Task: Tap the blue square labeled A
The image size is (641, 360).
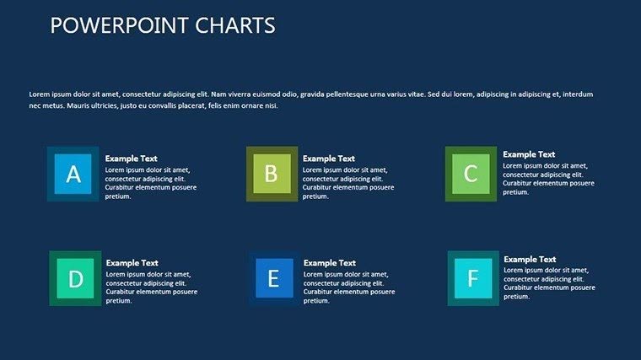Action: pyautogui.click(x=73, y=174)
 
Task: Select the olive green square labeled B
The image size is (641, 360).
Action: pyautogui.click(x=272, y=174)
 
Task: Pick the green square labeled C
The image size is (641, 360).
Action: pyautogui.click(x=471, y=174)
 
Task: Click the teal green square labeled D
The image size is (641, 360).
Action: pyautogui.click(x=75, y=278)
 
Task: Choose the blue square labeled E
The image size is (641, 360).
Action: pyautogui.click(x=273, y=278)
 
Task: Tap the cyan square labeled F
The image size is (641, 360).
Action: pyautogui.click(x=472, y=278)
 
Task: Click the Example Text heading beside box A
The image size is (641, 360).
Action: pyautogui.click(x=131, y=159)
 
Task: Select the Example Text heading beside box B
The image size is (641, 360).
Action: pyautogui.click(x=329, y=159)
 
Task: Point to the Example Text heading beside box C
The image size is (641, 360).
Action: pyautogui.click(x=529, y=154)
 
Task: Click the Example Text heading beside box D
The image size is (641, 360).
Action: pyautogui.click(x=132, y=263)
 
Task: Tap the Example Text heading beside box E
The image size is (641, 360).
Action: pyautogui.click(x=330, y=263)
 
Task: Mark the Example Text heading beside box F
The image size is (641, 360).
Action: pyautogui.click(x=530, y=260)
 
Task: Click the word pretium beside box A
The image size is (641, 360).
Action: pyautogui.click(x=119, y=196)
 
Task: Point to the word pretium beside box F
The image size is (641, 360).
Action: pyautogui.click(x=517, y=297)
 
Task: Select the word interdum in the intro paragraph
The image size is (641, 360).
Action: pyautogui.click(x=578, y=94)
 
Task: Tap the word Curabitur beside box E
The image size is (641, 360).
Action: pyautogui.click(x=321, y=292)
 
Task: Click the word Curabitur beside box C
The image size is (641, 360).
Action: pyautogui.click(x=520, y=183)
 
